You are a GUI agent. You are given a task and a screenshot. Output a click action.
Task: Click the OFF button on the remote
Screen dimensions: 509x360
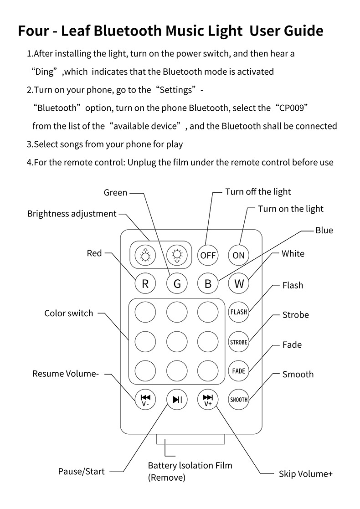click(208, 255)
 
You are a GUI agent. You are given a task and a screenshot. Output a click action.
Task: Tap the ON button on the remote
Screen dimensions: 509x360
click(239, 255)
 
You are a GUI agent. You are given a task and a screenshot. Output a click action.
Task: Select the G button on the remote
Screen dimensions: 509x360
click(177, 283)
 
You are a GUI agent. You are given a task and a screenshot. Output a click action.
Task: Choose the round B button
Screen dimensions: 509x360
click(208, 283)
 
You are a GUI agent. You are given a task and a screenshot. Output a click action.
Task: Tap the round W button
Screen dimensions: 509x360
click(239, 283)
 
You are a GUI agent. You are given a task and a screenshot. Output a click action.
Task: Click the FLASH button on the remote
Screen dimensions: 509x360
click(239, 312)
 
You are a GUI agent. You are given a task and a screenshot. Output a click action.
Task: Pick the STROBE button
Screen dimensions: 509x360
click(239, 342)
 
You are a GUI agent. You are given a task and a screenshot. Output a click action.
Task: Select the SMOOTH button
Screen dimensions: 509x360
click(239, 400)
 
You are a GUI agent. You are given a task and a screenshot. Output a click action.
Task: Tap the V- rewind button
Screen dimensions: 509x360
click(145, 400)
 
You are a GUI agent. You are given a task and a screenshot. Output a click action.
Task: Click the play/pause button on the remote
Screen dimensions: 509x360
click(177, 400)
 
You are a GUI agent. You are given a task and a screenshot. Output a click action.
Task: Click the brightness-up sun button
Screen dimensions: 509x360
click(145, 255)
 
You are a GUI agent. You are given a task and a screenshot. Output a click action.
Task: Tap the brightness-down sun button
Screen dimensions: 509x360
click(177, 255)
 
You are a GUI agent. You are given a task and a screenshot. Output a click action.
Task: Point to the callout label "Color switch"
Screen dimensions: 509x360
click(68, 314)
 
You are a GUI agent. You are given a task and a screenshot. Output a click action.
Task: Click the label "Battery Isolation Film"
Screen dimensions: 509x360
click(190, 466)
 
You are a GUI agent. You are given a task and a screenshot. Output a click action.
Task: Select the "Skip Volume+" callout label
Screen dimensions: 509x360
click(305, 474)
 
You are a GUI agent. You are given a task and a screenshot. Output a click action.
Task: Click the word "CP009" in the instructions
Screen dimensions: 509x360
click(291, 108)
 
